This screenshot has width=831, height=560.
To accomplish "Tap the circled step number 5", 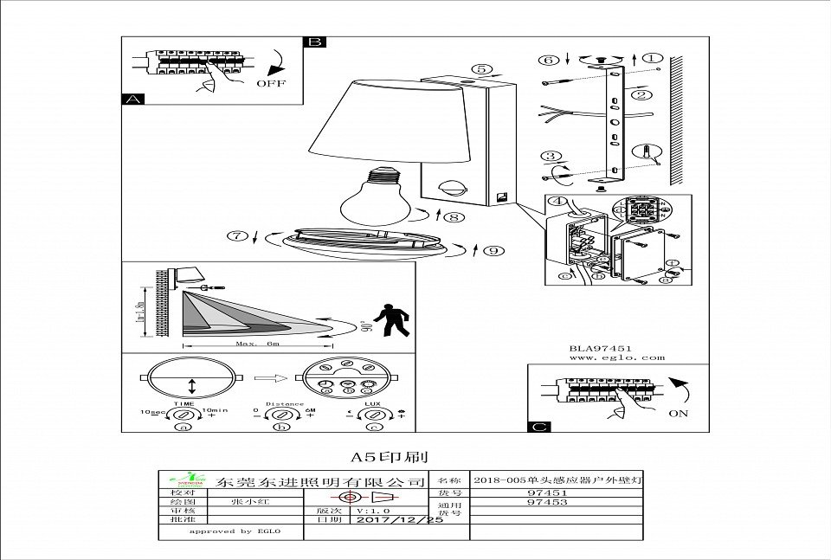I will pos(482,70).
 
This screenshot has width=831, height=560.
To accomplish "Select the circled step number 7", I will pos(235,236).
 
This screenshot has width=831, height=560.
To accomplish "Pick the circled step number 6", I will pos(547,61).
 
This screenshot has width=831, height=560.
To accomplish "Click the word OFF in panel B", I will pos(270,84).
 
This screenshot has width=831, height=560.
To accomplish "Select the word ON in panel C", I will pos(680,414).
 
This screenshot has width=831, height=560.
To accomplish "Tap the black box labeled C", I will pos(538,427).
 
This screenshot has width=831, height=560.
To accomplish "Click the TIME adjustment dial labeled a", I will pos(182,415).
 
